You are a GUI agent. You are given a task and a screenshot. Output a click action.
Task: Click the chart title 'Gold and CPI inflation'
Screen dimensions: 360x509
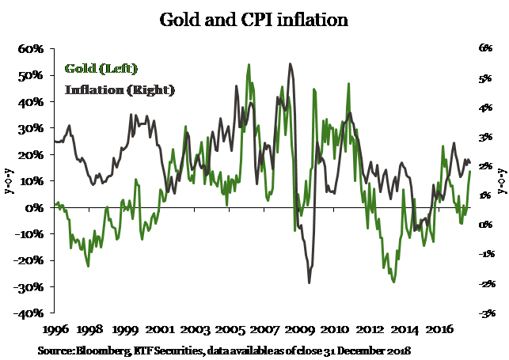click(253, 18)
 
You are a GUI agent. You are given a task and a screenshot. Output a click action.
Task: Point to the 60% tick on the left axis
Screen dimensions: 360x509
click(30, 49)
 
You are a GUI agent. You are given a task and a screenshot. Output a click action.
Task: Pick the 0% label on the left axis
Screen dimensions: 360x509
click(35, 207)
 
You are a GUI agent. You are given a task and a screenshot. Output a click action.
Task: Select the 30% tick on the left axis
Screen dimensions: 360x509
click(30, 128)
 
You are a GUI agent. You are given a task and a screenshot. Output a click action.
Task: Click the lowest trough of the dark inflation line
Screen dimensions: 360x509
click(309, 282)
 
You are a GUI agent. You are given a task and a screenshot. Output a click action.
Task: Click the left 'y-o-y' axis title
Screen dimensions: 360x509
click(9, 180)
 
